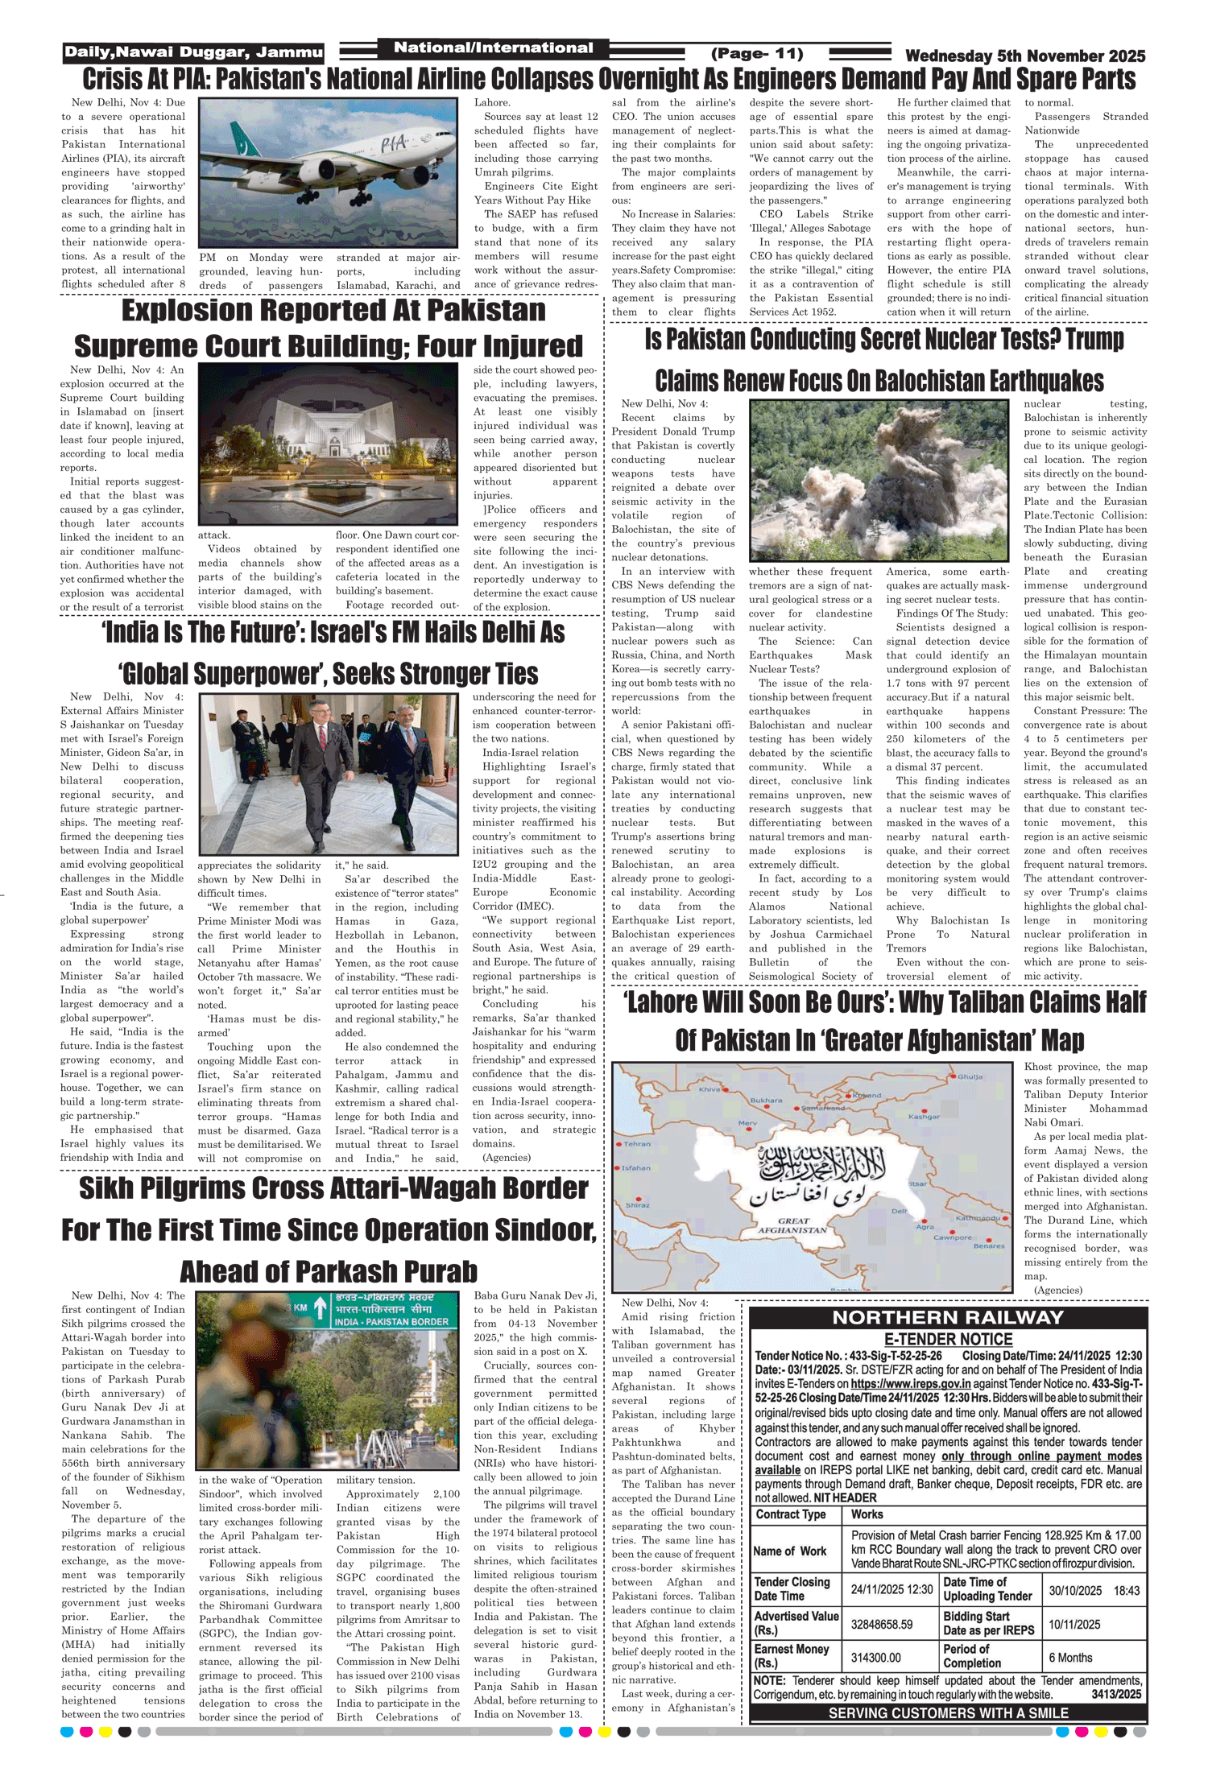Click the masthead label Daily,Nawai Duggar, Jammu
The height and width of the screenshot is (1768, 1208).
coord(193,52)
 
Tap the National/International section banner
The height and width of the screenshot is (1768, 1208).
coord(493,48)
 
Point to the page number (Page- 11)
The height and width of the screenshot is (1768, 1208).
coord(757,54)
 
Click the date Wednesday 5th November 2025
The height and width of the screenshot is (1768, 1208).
coord(1024,56)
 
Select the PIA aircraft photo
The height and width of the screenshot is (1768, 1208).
coord(329,172)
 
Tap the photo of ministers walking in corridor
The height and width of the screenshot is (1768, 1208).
coord(329,774)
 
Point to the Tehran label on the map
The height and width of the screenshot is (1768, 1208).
coord(637,1143)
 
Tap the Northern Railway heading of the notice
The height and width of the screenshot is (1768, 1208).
coord(948,1317)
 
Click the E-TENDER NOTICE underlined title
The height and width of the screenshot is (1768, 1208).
coord(948,1339)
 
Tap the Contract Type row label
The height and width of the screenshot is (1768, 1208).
coord(790,1514)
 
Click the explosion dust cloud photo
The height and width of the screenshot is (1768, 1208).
coord(879,481)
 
